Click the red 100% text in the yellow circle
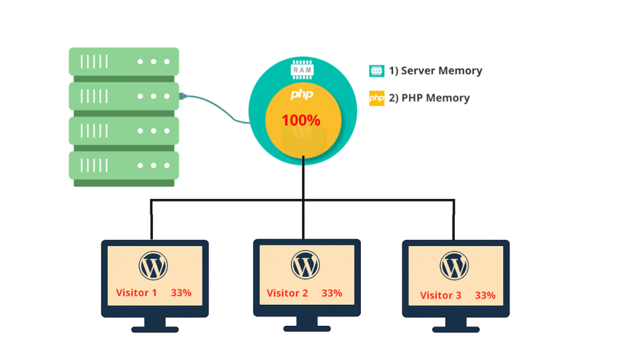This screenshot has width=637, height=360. click(301, 121)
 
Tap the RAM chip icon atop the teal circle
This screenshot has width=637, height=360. click(302, 70)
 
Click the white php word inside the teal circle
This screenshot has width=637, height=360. click(302, 95)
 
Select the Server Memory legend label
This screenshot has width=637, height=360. click(435, 71)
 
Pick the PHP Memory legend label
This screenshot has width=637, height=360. click(429, 98)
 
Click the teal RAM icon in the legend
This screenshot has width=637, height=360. click(376, 71)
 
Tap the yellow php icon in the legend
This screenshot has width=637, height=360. click(376, 98)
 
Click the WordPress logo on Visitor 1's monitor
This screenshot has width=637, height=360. click(154, 267)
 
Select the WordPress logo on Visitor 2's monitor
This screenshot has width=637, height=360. click(305, 265)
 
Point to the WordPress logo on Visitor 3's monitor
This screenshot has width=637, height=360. click(454, 266)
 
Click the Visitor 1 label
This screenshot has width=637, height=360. click(136, 292)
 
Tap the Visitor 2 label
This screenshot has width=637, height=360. click(287, 293)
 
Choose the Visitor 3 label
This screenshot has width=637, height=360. click(440, 295)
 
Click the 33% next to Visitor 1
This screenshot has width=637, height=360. click(181, 292)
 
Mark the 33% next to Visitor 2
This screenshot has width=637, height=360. click(332, 293)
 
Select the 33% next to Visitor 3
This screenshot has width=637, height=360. click(485, 295)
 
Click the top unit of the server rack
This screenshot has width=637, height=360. click(123, 62)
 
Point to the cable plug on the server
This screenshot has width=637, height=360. click(183, 96)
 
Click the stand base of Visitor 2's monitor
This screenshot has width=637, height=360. click(305, 327)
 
